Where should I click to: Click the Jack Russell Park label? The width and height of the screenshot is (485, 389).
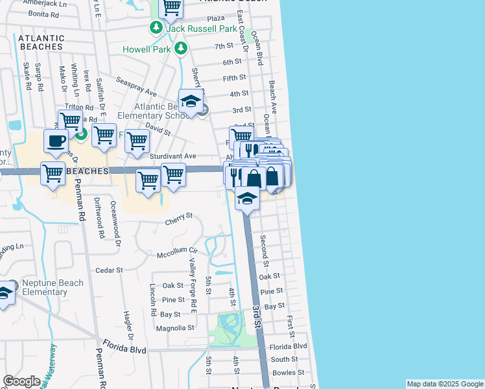point(192,29)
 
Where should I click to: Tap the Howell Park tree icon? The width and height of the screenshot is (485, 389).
point(181,48)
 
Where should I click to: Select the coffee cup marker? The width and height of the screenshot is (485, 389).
point(56,141)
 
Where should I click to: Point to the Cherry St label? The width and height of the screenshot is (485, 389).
point(179,215)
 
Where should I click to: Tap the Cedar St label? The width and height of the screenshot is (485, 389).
point(109,270)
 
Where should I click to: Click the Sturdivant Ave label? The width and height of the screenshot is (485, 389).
point(172,156)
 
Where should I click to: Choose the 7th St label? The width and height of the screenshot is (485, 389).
point(224,46)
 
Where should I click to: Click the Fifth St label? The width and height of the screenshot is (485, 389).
point(235,78)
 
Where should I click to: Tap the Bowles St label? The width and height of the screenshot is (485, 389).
point(289,373)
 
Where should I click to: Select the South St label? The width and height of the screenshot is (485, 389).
point(285,359)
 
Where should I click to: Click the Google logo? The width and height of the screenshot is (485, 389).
point(21,381)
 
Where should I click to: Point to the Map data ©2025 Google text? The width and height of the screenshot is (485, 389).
point(445,384)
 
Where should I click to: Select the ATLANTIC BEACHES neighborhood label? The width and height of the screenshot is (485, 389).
point(41,43)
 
